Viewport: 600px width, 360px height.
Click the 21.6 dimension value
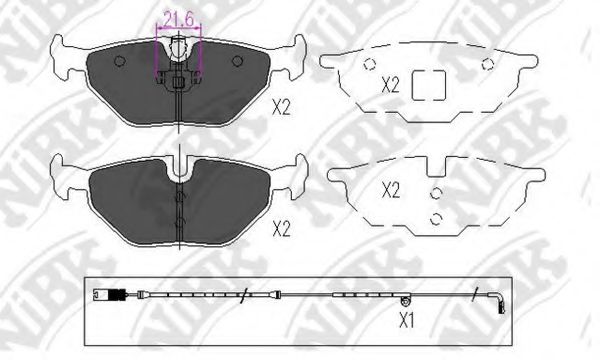pos(178,20)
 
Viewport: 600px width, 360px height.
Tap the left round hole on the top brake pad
pos(120,60)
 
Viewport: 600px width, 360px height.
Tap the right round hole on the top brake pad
pos(238,60)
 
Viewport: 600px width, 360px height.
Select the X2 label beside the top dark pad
pos(281,108)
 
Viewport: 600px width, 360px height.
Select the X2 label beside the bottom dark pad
pos(281,229)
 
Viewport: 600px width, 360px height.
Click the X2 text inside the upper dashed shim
pos(390,85)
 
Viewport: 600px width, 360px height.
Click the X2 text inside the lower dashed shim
pos(391,190)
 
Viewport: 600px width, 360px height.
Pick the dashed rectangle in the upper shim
pos(429,85)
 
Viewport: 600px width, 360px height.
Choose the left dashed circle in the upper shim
pos(370,64)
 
